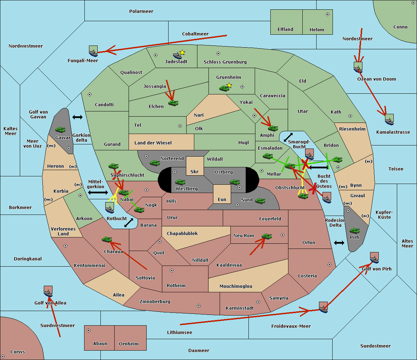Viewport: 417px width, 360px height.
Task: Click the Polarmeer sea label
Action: pyautogui.click(x=141, y=11)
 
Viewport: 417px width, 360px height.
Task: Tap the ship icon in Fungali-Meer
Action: pyautogui.click(x=93, y=51)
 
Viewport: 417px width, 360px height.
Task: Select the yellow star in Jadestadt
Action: pyautogui.click(x=182, y=52)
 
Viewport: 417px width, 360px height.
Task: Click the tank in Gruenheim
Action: pyautogui.click(x=224, y=89)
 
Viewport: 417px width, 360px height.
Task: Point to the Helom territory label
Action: pyautogui.click(x=317, y=30)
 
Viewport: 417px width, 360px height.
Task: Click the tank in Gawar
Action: pyautogui.click(x=60, y=130)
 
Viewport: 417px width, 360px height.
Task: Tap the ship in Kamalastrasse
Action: pyautogui.click(x=389, y=120)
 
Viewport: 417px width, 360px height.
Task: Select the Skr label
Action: pyautogui.click(x=195, y=172)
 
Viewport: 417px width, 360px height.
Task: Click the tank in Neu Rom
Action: pyautogui.click(x=267, y=236)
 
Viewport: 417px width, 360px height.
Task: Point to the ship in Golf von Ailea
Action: pyautogui.click(x=48, y=292)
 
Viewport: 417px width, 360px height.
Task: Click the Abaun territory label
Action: pyautogui.click(x=100, y=344)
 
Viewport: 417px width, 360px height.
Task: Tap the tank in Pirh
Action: pyautogui.click(x=354, y=231)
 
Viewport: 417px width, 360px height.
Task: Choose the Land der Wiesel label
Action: pyautogui.click(x=153, y=143)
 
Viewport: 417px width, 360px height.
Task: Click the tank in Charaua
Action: pyautogui.click(x=107, y=239)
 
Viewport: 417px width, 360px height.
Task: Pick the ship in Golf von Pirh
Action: pyautogui.click(x=374, y=258)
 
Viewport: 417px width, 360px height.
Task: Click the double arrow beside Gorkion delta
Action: pyautogui.click(x=77, y=117)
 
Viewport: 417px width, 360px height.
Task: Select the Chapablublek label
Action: pyautogui.click(x=182, y=234)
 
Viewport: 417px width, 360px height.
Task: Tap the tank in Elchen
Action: pyautogui.click(x=173, y=103)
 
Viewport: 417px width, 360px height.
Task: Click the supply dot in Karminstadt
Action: pyautogui.click(x=258, y=302)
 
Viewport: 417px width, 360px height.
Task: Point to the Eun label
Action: pyautogui.click(x=222, y=200)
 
